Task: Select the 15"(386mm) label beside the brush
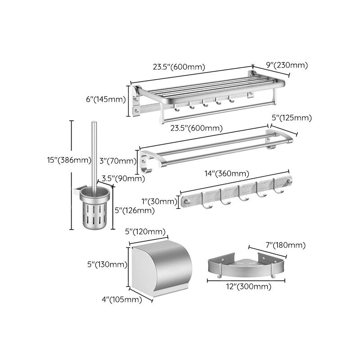click(x=49, y=160)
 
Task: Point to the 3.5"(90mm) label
click(x=123, y=178)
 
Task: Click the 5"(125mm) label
click(x=292, y=118)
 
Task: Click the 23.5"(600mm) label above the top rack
click(x=179, y=67)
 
